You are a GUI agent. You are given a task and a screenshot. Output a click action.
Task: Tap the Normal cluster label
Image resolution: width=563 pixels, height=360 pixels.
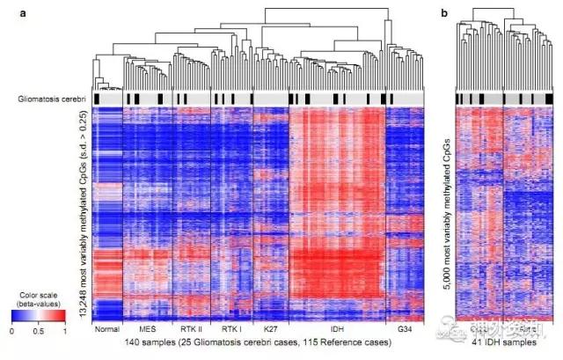tap(106, 328)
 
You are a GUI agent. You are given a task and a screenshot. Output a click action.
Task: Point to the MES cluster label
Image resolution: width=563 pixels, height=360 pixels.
tap(148, 328)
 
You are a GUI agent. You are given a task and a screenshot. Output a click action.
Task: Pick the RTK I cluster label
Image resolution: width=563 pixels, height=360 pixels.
tap(231, 328)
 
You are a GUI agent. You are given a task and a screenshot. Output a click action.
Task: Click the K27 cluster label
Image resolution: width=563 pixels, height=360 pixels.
tap(270, 328)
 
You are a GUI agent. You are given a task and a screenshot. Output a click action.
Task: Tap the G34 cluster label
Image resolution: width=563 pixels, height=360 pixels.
tap(404, 328)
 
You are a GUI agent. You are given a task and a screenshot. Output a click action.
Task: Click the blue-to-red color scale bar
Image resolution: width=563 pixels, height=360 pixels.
tap(38, 315)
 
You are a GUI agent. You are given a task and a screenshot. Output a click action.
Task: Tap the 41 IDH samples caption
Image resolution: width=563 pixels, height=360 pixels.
tap(502, 341)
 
